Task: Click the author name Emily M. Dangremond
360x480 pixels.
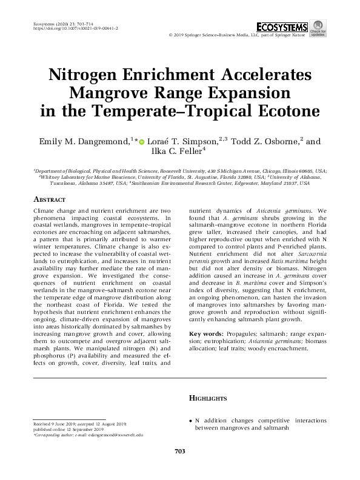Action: (x=84, y=142)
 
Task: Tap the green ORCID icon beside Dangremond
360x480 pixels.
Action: (x=142, y=142)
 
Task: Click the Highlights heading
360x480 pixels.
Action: (x=208, y=398)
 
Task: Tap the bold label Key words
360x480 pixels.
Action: (x=206, y=334)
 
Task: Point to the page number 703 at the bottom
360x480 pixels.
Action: (x=179, y=451)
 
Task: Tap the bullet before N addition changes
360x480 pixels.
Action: (x=190, y=419)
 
